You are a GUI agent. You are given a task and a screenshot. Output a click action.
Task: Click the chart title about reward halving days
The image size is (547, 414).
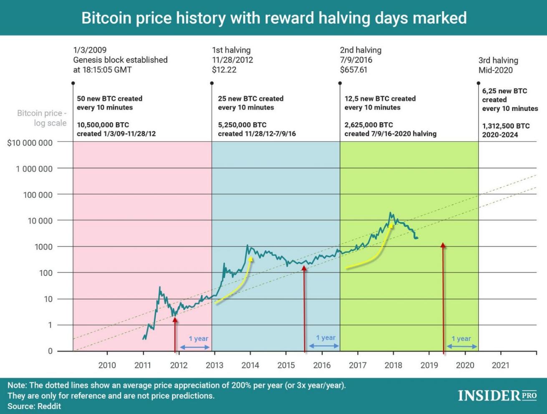point(274,18)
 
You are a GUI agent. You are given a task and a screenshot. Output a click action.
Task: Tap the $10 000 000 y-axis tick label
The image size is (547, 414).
point(30,143)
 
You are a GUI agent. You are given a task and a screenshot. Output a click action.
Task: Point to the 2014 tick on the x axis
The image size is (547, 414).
point(250,365)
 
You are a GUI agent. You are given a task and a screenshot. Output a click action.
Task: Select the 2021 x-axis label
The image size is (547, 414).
point(501,365)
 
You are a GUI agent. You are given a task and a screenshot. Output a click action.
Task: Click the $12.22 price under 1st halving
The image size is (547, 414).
point(224,70)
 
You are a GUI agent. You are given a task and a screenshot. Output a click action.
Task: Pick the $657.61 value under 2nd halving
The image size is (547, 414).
point(353,70)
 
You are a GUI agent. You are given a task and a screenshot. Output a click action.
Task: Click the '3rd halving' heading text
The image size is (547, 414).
point(498,60)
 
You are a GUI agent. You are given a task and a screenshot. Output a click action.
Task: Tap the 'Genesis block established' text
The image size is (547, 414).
point(120,60)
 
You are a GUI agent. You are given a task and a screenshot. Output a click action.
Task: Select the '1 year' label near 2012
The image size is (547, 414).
point(199,339)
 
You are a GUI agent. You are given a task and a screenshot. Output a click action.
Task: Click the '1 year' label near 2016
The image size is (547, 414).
point(326,338)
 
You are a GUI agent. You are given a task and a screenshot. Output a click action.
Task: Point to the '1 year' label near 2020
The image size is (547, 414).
point(461,339)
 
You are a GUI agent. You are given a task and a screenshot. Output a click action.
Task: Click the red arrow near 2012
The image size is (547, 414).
point(175,334)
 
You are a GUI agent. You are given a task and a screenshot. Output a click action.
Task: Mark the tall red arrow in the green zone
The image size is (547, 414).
point(443,292)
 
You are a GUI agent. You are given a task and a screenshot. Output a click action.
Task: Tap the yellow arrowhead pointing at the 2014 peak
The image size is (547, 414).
point(251,259)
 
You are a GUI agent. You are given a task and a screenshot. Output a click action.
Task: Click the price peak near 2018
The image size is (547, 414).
point(391,213)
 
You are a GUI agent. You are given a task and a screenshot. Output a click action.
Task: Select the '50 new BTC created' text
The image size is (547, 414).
point(109,99)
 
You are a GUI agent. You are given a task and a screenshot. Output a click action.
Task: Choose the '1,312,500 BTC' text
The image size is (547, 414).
point(506,126)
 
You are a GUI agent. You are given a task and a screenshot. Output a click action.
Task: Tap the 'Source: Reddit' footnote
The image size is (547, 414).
point(34,406)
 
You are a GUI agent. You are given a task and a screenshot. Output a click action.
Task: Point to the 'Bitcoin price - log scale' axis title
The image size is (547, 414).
point(42,118)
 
